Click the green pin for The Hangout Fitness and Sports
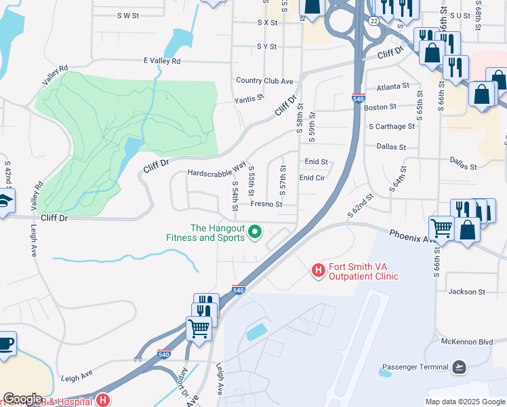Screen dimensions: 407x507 click(255, 232)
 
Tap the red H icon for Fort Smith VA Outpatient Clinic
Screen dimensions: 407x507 click(317, 271)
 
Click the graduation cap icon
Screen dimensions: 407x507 click(3, 202)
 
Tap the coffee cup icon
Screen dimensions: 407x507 click(5, 343)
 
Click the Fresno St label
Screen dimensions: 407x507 click(266, 203)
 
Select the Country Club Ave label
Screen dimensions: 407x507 click(264, 81)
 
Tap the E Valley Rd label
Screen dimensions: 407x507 click(162, 61)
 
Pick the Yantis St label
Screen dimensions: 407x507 click(248, 99)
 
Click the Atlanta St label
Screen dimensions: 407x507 click(393, 87)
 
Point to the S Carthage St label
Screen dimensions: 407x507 click(392, 126)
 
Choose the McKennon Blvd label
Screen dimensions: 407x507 click(466, 342)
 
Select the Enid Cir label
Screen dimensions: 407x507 click(313, 178)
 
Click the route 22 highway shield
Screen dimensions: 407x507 click(373, 22)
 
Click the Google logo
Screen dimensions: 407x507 click(22, 399)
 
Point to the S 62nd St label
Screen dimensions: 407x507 click(361, 206)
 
